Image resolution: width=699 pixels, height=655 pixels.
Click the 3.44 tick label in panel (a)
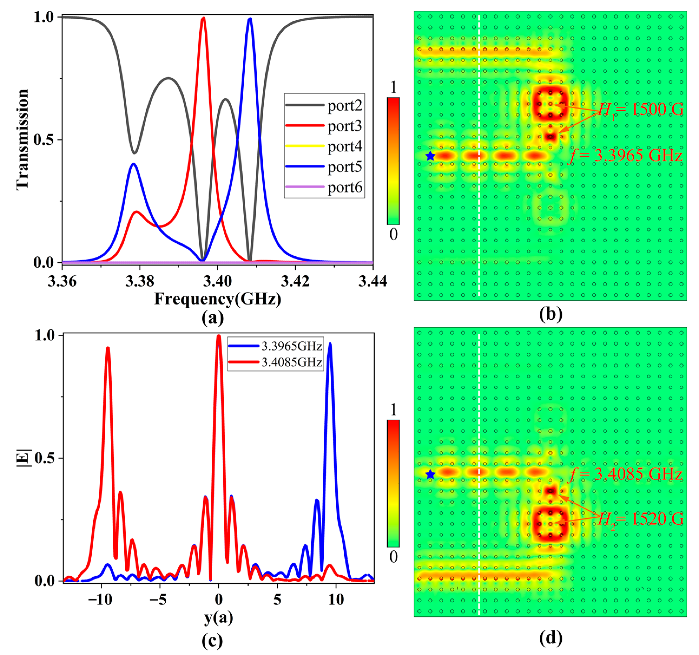click(372, 281)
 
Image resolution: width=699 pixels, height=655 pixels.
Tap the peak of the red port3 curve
click(203, 18)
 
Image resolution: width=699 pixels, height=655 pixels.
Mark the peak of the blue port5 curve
click(250, 19)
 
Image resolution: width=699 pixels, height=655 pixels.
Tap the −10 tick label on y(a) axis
click(100, 600)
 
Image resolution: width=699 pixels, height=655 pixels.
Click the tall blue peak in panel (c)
click(330, 345)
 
